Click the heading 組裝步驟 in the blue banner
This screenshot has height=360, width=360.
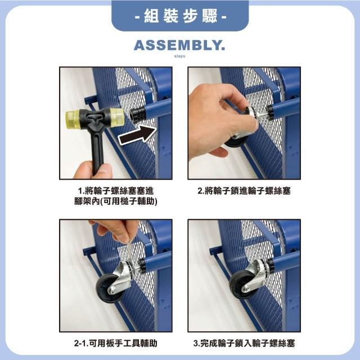pos(180,16)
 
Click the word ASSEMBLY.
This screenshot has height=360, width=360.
pos(179,45)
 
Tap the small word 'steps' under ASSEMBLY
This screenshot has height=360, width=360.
pos(179,56)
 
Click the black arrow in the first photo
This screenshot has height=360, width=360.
pos(137,136)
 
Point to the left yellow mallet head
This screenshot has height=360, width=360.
pos(73,119)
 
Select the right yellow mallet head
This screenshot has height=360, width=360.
pos(117,117)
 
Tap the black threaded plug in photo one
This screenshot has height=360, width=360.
pos(137,114)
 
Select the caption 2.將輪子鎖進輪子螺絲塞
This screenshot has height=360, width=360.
pos(244,191)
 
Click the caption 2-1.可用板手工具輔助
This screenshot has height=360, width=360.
pos(116,343)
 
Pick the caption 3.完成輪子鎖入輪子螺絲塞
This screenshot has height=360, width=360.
pos(244,343)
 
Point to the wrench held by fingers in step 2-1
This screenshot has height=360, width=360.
pos(130,252)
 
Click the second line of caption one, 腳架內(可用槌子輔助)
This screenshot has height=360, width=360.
pos(116,201)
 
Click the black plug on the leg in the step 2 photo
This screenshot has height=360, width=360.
pos(271,112)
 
